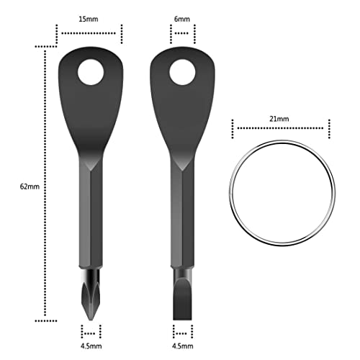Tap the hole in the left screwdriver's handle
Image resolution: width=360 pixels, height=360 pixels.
click(x=91, y=72)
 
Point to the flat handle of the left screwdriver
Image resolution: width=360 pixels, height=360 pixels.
click(x=90, y=115)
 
